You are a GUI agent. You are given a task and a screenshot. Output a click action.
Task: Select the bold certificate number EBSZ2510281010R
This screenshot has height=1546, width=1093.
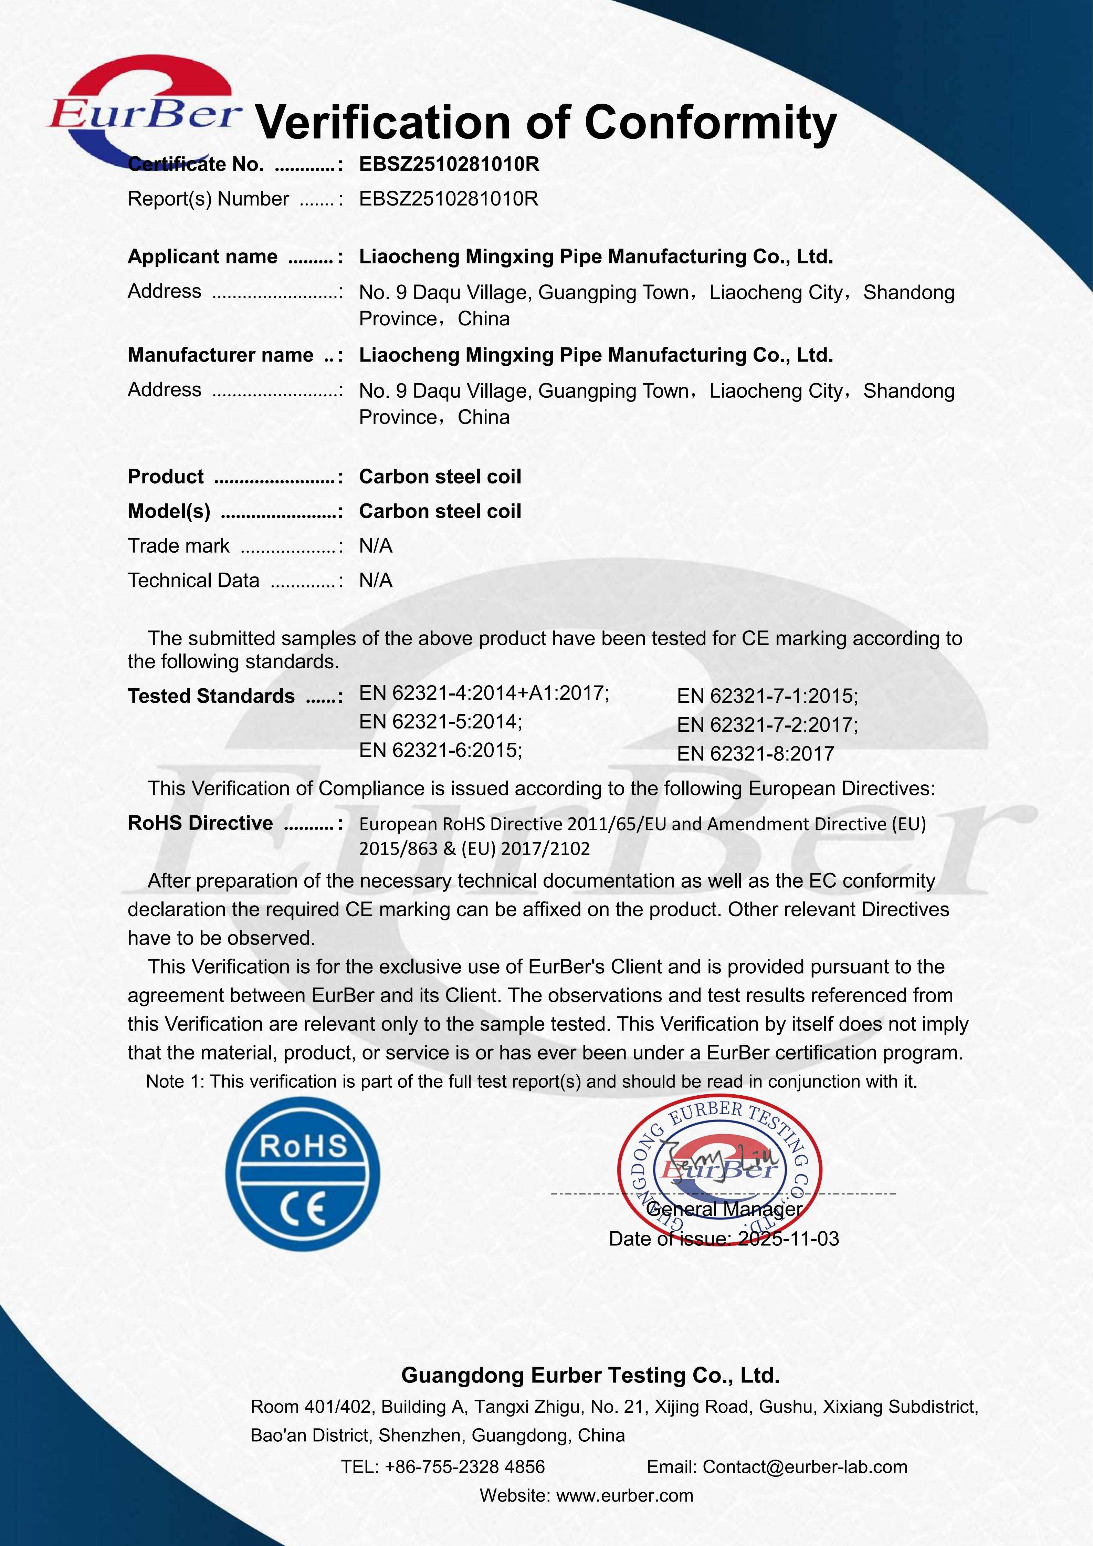tap(449, 164)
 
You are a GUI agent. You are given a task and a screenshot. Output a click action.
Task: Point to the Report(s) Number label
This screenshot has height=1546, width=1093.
tap(208, 199)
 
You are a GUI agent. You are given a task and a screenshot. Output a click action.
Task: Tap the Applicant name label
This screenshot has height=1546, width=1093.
tap(202, 257)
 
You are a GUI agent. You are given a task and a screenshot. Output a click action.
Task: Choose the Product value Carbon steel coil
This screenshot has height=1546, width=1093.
tap(440, 477)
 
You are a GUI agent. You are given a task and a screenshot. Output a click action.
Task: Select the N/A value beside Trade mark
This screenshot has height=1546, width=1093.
tap(376, 546)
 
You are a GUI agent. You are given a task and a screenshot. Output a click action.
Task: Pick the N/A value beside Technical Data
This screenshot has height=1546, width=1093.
tap(376, 581)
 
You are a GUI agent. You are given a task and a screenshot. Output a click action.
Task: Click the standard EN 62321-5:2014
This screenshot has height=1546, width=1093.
tap(440, 722)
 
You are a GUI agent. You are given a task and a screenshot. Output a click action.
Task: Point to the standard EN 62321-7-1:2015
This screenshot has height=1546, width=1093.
tap(767, 696)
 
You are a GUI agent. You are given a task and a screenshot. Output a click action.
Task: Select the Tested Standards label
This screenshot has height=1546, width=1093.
tap(211, 696)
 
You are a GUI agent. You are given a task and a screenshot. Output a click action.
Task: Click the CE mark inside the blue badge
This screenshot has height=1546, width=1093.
tap(303, 1209)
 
